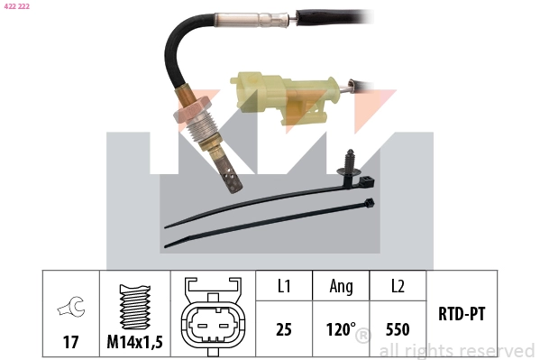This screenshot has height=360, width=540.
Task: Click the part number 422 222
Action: [17, 6]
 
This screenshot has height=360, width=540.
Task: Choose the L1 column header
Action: [283, 287]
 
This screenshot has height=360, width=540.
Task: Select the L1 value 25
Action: [283, 330]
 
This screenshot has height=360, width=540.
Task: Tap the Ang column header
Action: [341, 287]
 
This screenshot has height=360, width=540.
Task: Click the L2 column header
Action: [397, 287]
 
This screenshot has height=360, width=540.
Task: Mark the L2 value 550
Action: [397, 330]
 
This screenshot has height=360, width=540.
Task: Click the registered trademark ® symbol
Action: [362, 337]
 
